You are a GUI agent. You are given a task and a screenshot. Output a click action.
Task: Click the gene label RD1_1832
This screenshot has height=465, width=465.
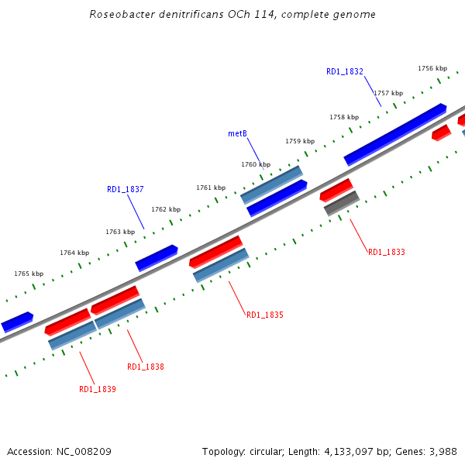[x=345, y=71]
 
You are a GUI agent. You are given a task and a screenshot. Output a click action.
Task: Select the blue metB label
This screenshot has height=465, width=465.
[x=237, y=133]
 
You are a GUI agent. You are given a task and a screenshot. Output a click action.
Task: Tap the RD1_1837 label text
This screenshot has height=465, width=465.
[x=126, y=189]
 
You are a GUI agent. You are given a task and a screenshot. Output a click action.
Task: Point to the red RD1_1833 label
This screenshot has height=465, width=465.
[x=387, y=252]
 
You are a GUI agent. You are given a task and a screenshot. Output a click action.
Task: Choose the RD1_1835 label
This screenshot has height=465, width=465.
[x=265, y=315]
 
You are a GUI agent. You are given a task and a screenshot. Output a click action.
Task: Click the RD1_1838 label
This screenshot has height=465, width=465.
[x=146, y=367]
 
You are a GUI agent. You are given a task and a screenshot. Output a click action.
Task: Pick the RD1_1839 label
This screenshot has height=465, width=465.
[x=98, y=389]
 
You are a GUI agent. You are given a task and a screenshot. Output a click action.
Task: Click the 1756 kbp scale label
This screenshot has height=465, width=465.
[x=432, y=68]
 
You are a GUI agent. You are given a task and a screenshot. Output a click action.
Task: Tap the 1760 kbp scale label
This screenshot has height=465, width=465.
[x=256, y=164]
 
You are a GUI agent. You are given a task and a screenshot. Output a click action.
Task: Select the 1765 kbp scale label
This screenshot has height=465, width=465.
[x=29, y=274]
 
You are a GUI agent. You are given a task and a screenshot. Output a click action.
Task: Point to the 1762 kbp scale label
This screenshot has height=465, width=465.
[x=166, y=209]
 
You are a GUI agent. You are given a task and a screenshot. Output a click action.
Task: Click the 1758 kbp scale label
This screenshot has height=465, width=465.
[x=344, y=117]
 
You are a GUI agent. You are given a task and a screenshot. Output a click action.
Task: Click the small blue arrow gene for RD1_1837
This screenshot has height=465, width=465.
[x=157, y=258]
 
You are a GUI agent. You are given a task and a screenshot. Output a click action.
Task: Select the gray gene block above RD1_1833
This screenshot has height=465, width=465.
[x=341, y=203]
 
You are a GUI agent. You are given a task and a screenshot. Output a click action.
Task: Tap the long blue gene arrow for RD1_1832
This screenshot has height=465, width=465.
[x=395, y=133]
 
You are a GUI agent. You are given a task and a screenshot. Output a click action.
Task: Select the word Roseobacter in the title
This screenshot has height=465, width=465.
[x=119, y=14]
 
